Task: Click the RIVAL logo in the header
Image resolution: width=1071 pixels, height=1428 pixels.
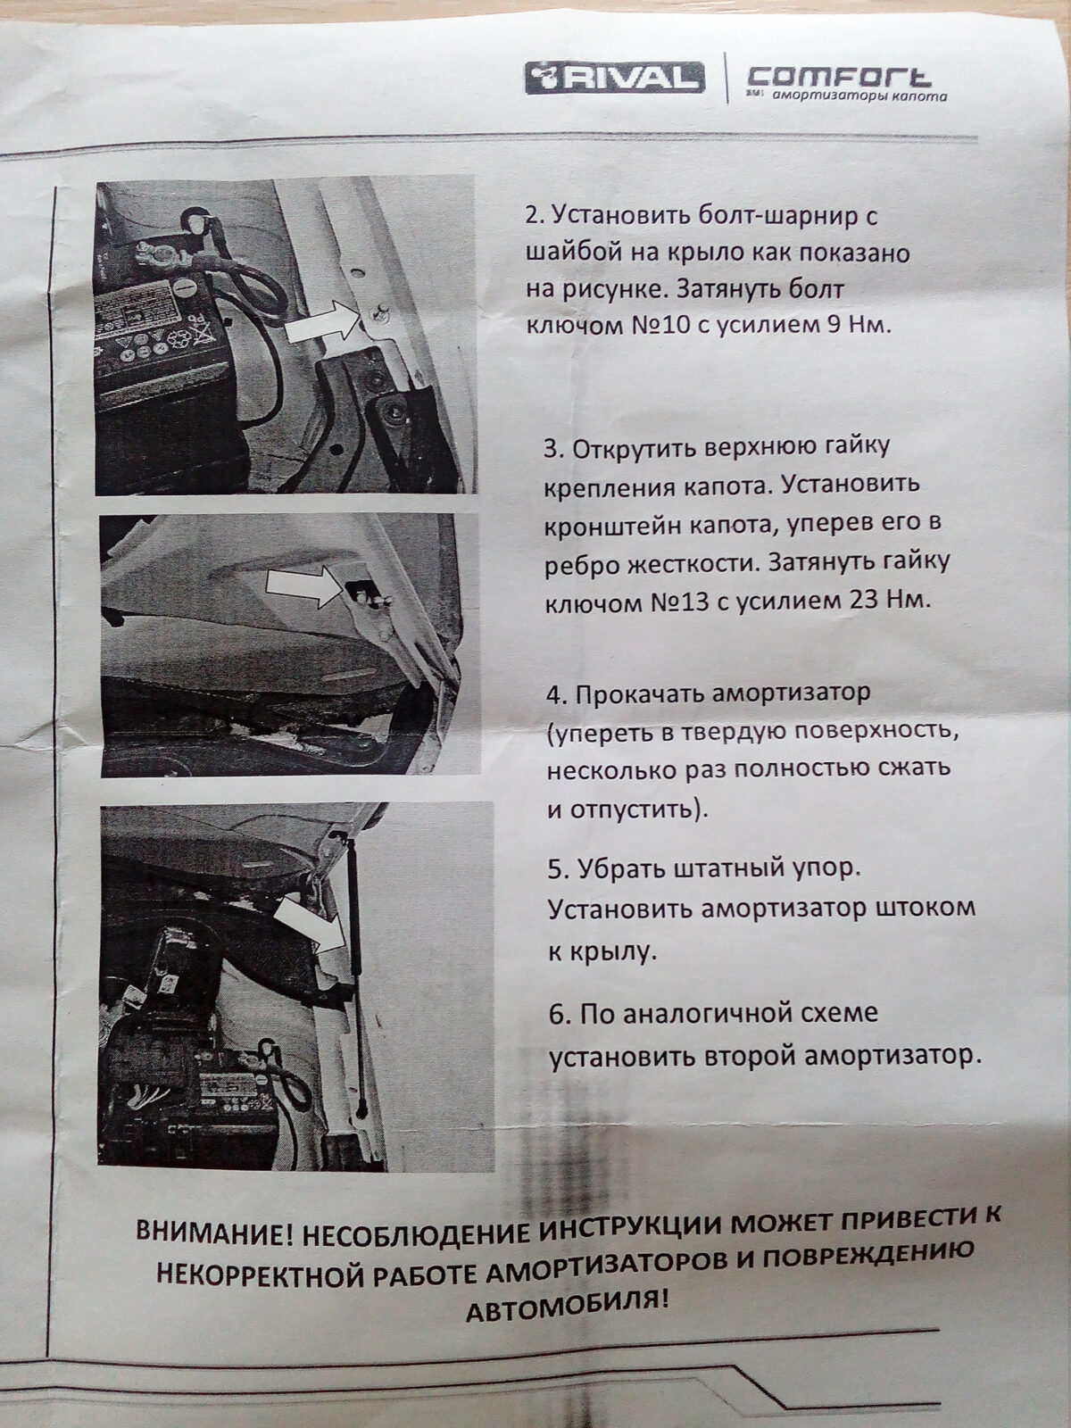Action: (x=615, y=79)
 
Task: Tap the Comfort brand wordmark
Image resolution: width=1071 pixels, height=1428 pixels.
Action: (x=839, y=77)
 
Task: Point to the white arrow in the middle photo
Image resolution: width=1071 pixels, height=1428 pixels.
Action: (x=305, y=586)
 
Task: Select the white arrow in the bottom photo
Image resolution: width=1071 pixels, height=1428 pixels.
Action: (x=311, y=926)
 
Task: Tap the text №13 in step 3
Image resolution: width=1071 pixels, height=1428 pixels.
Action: (x=672, y=602)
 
